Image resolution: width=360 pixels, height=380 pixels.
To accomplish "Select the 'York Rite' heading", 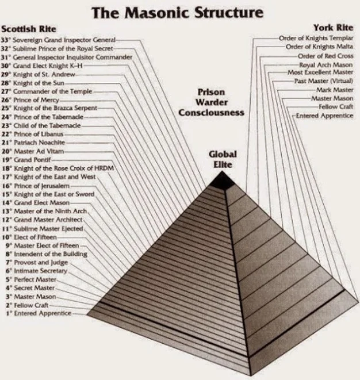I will click(332, 28).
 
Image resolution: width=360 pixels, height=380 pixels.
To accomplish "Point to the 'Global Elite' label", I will click(223, 159).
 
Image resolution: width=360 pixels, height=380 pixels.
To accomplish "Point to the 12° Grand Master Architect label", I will click(48, 220).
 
